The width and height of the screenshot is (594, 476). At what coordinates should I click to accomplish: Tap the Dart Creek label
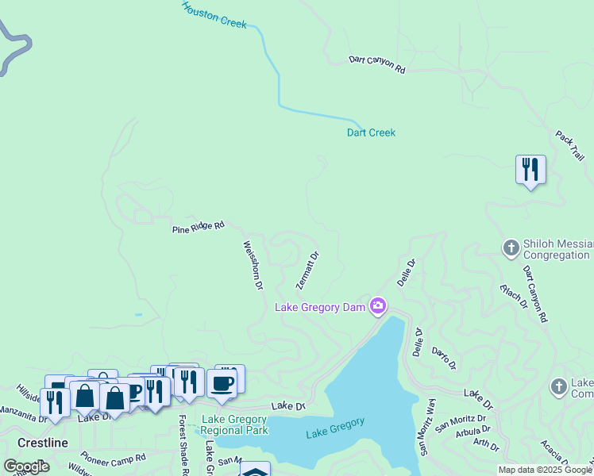371,132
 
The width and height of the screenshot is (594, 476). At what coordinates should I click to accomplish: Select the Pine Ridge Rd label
199,228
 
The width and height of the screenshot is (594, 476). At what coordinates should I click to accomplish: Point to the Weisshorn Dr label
253,265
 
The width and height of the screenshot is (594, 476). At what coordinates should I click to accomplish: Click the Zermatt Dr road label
307,271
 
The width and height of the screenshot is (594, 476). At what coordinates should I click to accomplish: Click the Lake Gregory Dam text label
320,307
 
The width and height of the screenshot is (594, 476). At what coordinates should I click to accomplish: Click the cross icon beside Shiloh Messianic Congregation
511,249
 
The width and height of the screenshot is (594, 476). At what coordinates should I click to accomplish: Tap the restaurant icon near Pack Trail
530,170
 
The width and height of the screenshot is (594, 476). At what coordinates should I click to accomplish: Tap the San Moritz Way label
428,426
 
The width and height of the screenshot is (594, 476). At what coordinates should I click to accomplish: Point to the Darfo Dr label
444,358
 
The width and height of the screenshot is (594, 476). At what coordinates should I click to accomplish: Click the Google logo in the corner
26,466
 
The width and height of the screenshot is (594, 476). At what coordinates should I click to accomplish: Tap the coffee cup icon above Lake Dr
222,384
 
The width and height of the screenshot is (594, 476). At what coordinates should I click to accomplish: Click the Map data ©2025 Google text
545,470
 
